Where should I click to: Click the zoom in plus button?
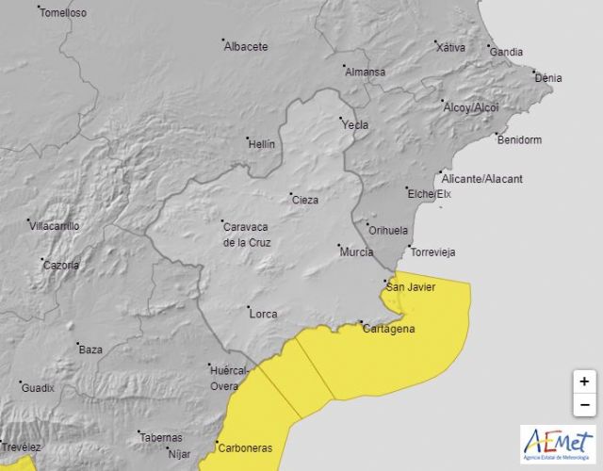pos(584,382)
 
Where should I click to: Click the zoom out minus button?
pos(584,405)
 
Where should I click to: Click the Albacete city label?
pos(246,46)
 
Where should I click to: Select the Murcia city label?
pos(356,252)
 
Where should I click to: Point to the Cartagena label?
pos(388,329)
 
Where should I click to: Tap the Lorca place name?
pos(262,313)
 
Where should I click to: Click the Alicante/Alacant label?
pos(482,179)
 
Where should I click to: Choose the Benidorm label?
pos(519,139)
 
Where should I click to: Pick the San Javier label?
pos(413,287)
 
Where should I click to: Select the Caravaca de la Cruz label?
pos(246,235)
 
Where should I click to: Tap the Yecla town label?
pos(355,125)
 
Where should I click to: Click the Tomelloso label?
pos(63,13)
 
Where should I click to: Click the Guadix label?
pos(39,388)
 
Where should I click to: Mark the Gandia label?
pos(507,51)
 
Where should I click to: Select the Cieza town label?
pos(305,200)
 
